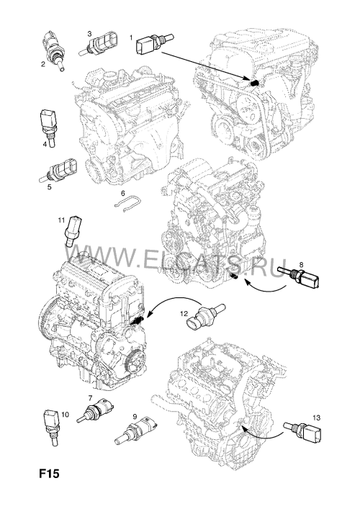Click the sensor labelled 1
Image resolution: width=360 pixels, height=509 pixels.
pyautogui.click(x=155, y=43)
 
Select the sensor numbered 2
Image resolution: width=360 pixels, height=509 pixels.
pyautogui.click(x=53, y=50)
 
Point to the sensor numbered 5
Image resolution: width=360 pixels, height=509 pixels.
pyautogui.click(x=60, y=170)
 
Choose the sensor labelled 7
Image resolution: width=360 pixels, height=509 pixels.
pyautogui.click(x=96, y=410)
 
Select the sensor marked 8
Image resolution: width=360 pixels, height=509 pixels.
pyautogui.click(x=299, y=276)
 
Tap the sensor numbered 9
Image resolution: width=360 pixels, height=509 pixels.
pyautogui.click(x=135, y=431)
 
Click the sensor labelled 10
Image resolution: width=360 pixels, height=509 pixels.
pyautogui.click(x=51, y=426)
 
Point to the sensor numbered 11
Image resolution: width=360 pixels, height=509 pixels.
pyautogui.click(x=73, y=232)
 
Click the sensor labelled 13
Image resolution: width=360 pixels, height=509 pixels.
pyautogui.click(x=303, y=431)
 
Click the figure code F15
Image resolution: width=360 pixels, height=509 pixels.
pyautogui.click(x=50, y=474)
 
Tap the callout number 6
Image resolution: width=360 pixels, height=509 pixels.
pyautogui.click(x=122, y=194)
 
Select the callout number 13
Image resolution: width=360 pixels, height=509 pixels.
pyautogui.click(x=317, y=418)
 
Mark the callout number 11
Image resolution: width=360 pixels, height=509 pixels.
pyautogui.click(x=61, y=220)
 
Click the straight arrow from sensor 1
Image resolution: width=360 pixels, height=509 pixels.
pyautogui.click(x=205, y=66)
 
